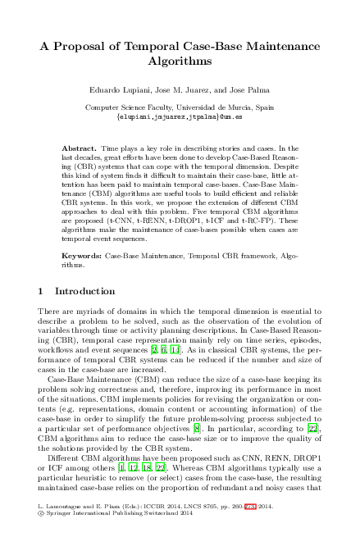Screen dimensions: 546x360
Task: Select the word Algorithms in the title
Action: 180,61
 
